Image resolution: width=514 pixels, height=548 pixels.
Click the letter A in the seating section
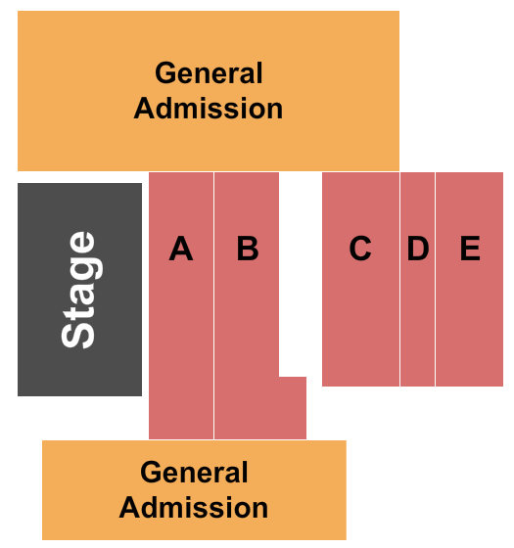(181, 249)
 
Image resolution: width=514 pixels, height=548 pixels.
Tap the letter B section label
(248, 249)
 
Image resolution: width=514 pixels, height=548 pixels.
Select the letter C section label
(360, 249)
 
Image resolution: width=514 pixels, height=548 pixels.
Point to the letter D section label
(418, 249)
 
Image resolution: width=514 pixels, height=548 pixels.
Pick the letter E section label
(470, 249)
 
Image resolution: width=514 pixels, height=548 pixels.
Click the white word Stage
(78, 290)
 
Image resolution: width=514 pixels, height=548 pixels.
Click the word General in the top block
(209, 72)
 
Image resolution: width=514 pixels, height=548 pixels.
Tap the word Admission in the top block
(209, 109)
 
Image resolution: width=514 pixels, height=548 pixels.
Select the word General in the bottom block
(194, 472)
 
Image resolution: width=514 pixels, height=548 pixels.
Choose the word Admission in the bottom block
(194, 508)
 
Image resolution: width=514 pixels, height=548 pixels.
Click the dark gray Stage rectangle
(79, 290)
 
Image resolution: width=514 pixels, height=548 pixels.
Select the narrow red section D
(417, 279)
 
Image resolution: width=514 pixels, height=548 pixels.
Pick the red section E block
(469, 279)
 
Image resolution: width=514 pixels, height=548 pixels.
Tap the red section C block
(360, 279)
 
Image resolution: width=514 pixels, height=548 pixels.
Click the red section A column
(181, 305)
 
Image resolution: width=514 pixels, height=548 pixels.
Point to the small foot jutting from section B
(293, 408)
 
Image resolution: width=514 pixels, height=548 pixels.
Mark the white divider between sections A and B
(214, 305)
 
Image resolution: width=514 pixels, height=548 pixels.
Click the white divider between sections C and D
(400, 279)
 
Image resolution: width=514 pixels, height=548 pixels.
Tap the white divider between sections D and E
(436, 279)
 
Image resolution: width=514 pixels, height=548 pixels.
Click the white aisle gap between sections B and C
(301, 274)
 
